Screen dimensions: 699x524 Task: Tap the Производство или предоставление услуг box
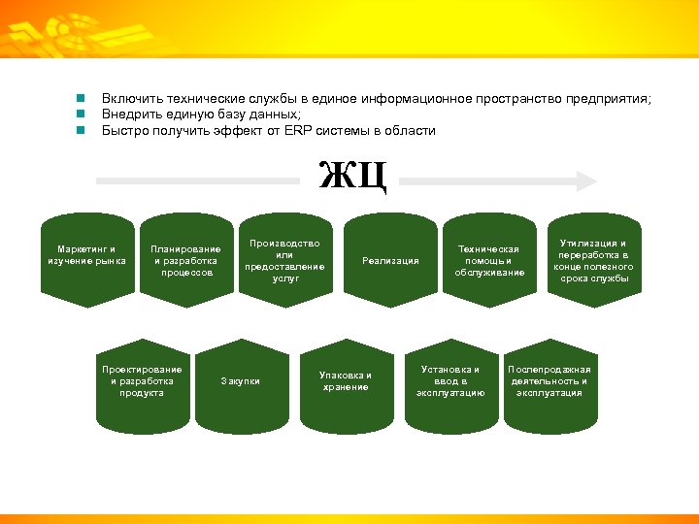pyautogui.click(x=285, y=260)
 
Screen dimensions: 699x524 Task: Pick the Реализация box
pyautogui.click(x=390, y=260)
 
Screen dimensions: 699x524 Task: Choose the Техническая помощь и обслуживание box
pyautogui.click(x=489, y=260)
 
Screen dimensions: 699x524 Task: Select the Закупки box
pyautogui.click(x=241, y=381)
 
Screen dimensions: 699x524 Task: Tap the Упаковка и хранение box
pyautogui.click(x=346, y=381)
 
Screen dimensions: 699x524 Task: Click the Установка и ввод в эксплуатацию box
pyautogui.click(x=449, y=381)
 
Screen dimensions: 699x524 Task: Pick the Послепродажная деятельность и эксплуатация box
pyautogui.click(x=549, y=381)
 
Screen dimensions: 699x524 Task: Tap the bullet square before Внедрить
pyautogui.click(x=83, y=115)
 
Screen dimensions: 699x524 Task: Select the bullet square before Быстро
pyautogui.click(x=83, y=130)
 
